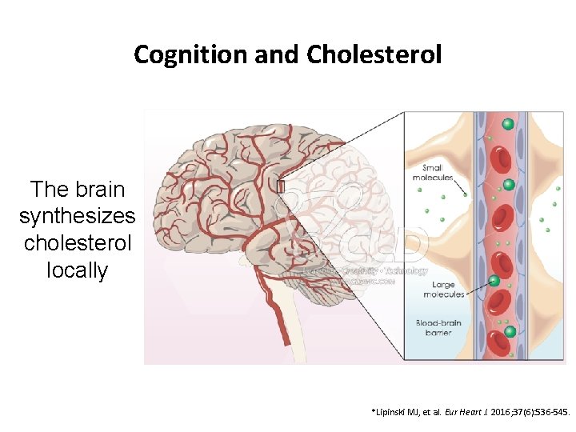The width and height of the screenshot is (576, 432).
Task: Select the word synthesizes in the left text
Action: [78, 216]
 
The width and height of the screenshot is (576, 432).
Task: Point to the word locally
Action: [78, 270]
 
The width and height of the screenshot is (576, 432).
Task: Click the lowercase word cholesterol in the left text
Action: [78, 242]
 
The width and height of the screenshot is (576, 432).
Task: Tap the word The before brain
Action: [46, 190]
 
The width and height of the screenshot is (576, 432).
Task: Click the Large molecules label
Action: [444, 289]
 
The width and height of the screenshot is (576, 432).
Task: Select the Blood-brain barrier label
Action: [438, 328]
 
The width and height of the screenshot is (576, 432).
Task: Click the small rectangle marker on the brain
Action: [281, 186]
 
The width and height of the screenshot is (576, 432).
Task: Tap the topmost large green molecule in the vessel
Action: [507, 124]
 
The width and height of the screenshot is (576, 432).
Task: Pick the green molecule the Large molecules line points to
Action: [494, 280]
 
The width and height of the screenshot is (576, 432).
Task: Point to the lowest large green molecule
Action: [510, 332]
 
